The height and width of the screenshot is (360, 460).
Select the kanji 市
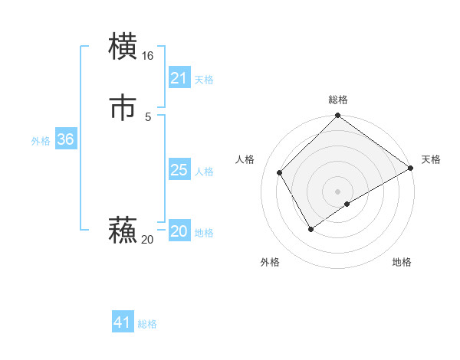click(x=123, y=107)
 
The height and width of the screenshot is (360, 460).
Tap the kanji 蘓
click(x=123, y=231)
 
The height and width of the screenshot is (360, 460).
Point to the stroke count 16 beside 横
click(x=148, y=56)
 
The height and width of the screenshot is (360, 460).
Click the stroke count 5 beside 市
click(x=148, y=116)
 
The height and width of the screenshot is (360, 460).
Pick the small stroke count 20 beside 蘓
click(x=147, y=240)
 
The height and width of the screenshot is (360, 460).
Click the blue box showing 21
click(x=179, y=78)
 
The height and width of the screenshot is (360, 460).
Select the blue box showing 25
click(x=179, y=170)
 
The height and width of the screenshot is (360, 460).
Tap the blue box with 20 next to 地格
click(x=179, y=232)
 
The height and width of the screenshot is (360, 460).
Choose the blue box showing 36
click(x=65, y=139)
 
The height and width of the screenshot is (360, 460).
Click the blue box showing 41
click(x=123, y=322)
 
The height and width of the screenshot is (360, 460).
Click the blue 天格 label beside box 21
click(x=204, y=80)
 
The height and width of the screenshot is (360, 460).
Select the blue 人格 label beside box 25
click(x=204, y=172)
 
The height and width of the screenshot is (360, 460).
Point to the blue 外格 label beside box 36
click(x=41, y=141)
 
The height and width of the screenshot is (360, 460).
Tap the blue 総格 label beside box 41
click(x=147, y=324)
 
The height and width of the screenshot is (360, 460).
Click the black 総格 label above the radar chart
click(x=337, y=100)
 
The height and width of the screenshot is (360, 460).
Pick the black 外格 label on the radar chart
click(x=270, y=262)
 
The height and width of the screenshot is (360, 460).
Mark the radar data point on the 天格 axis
click(x=411, y=169)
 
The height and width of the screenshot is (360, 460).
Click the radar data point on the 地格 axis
click(x=347, y=204)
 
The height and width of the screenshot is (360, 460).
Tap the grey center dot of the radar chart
click(x=337, y=191)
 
